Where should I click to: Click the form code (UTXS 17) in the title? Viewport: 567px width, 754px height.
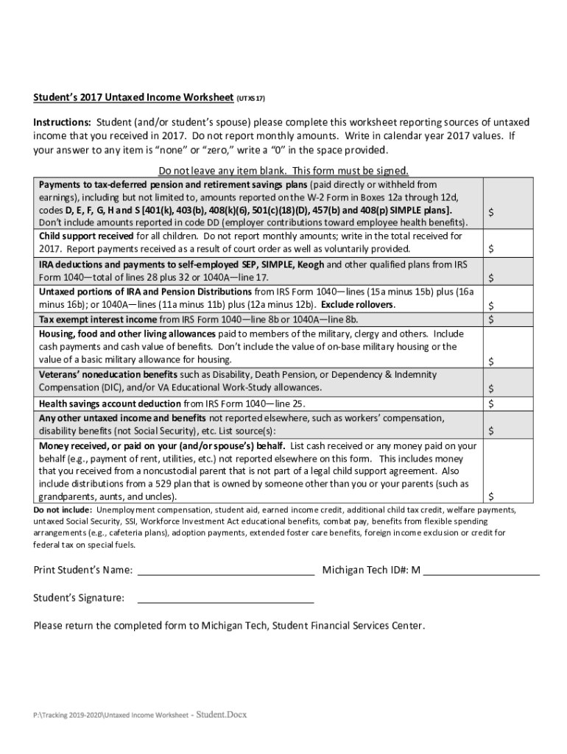point(250,97)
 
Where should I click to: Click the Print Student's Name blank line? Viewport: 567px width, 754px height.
point(226,571)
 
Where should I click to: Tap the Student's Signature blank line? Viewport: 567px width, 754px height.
point(226,599)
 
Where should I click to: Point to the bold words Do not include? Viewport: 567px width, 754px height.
point(63,510)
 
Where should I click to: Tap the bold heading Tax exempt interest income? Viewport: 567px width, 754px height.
point(98,319)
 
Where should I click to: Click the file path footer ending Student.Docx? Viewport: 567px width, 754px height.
point(140,714)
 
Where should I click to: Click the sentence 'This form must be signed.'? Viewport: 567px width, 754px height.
point(351,171)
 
